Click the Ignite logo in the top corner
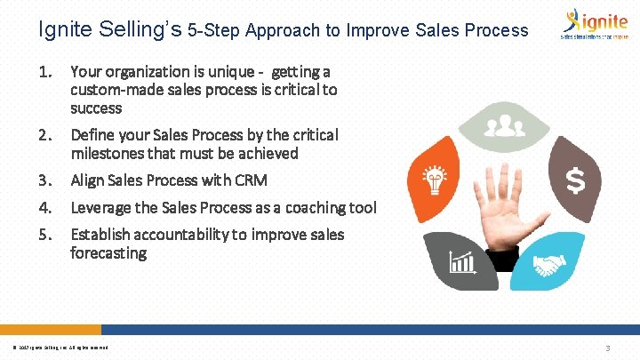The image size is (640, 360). tap(592, 24)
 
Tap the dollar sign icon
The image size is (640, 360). tap(576, 182)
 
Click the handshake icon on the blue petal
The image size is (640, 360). tap(551, 264)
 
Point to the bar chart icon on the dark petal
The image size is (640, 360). tap(461, 262)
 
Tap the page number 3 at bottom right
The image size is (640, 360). tap(606, 348)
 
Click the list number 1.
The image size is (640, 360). tap(46, 71)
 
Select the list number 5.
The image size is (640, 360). tap(46, 235)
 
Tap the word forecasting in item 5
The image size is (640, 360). tap(108, 253)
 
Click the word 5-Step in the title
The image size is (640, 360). tap(212, 30)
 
